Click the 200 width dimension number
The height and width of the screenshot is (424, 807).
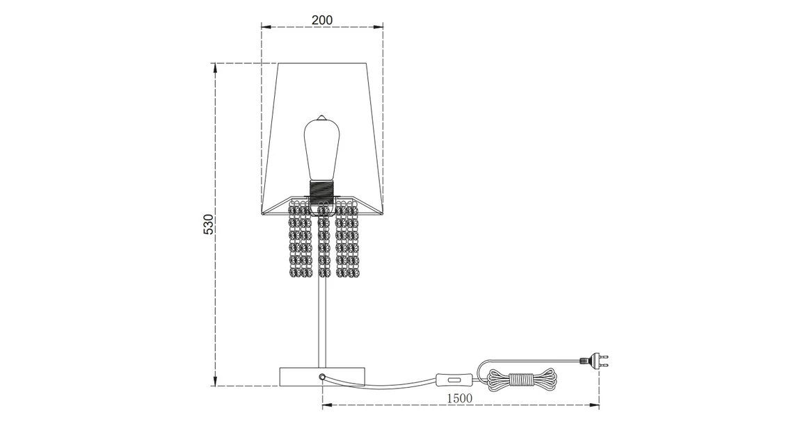321,20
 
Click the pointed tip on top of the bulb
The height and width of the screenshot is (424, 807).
321,116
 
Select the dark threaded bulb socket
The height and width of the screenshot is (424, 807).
321,189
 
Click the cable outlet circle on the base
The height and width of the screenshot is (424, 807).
322,376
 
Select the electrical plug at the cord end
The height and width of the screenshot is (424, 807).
591,361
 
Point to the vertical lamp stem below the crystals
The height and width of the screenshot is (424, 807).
321,320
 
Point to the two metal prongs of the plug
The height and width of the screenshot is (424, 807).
605,361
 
